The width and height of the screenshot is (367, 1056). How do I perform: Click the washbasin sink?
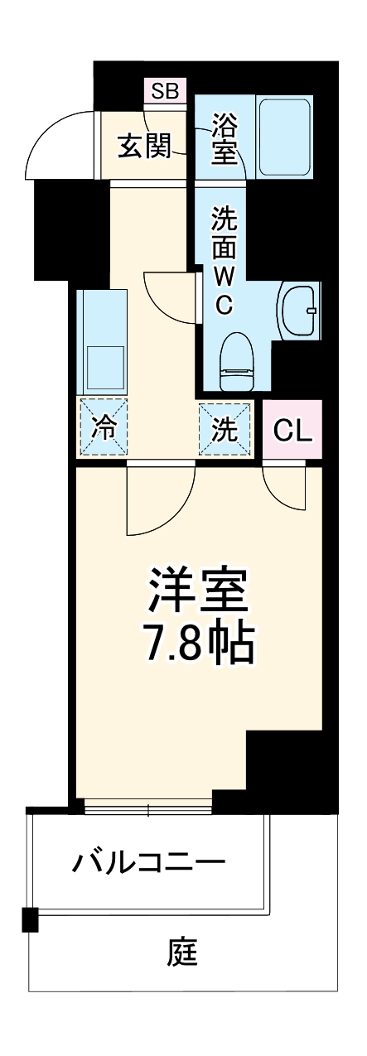click(299, 311)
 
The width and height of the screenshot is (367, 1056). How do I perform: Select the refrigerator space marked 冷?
click(104, 428)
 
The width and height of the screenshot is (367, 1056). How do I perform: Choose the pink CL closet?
click(292, 429)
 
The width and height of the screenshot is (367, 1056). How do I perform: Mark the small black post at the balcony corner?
click(31, 919)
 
